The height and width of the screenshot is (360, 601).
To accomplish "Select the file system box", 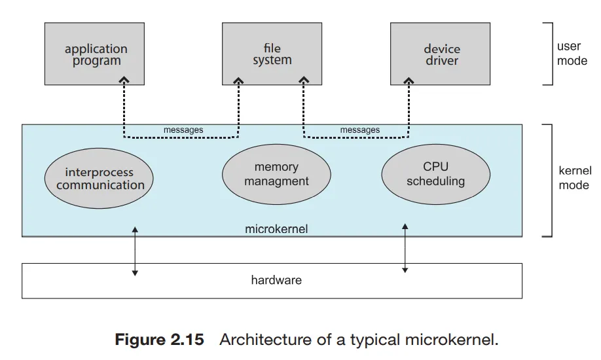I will [x=272, y=54].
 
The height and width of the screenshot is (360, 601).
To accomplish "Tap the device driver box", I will [x=441, y=54].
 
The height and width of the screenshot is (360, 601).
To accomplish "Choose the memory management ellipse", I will [x=276, y=174].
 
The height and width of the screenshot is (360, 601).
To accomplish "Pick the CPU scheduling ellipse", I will [x=435, y=173].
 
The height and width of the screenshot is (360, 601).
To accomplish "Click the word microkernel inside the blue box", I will [x=276, y=229].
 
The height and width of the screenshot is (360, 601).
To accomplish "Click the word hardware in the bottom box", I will [x=276, y=280].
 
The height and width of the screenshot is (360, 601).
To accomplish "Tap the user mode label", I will [x=572, y=54].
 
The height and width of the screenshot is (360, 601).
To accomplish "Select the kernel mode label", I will [x=574, y=178].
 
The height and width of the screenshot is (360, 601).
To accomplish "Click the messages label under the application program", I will [x=183, y=130].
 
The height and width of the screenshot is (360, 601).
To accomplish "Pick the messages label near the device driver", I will [x=360, y=130].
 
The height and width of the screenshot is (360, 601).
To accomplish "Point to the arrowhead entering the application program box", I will [x=123, y=80].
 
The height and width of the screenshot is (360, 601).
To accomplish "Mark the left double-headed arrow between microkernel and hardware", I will [x=135, y=251].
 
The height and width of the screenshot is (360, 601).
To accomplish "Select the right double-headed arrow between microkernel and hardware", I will [x=405, y=247].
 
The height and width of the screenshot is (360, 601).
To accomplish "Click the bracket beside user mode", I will [x=550, y=54].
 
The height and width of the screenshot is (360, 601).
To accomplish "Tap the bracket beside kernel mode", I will [x=550, y=180].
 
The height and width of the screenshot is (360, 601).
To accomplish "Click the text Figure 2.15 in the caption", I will [x=159, y=340].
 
